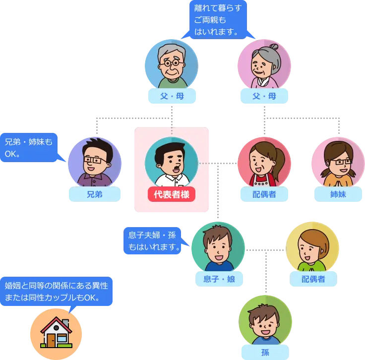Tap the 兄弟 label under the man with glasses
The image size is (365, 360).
coord(95,194)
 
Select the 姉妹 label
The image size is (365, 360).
coord(338,194)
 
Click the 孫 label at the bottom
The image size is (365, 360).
coord(265,353)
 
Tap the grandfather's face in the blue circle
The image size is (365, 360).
coord(171,64)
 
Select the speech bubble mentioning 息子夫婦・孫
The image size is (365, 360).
coord(152,240)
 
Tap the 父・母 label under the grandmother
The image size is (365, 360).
coord(264,96)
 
